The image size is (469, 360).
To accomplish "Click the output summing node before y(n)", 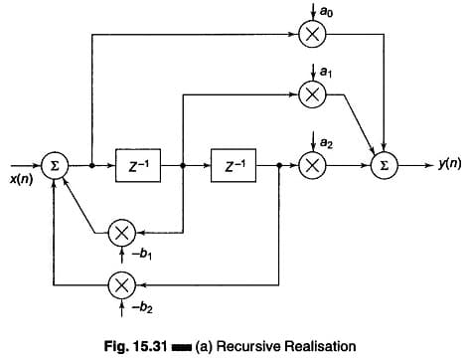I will [382, 165].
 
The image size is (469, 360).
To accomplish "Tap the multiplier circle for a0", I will [310, 36].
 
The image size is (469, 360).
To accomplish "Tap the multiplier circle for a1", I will [310, 93].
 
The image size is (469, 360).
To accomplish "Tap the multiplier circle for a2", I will [310, 165].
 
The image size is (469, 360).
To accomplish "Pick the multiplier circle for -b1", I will [121, 232].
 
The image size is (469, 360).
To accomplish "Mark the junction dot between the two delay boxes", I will [184, 165].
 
